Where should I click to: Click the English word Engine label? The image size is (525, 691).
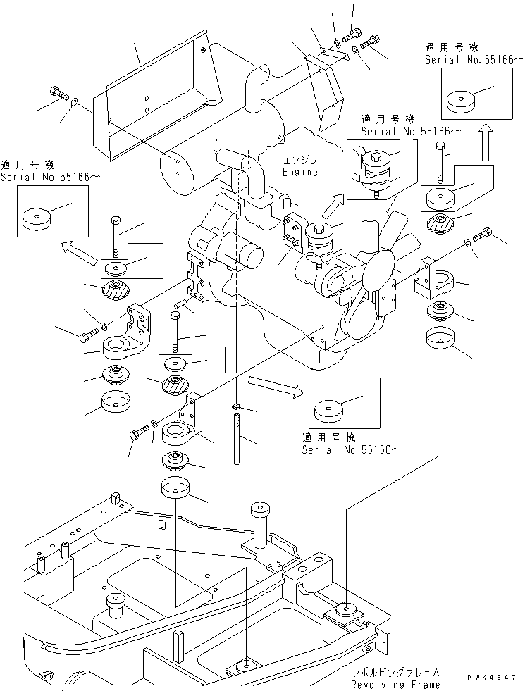coord(299,172)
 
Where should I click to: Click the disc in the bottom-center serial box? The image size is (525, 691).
coord(328,410)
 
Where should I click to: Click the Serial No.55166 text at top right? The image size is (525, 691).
coord(462,61)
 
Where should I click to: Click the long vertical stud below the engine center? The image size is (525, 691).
coord(237,438)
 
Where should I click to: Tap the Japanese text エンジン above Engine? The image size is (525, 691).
coord(299,161)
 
